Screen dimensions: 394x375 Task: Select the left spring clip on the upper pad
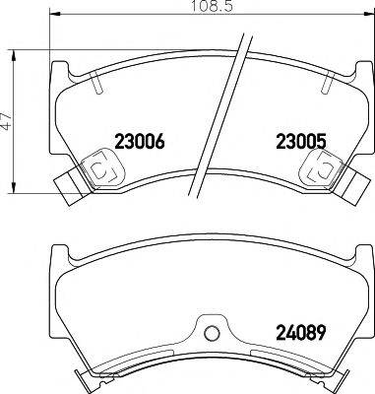pos(101,170)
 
